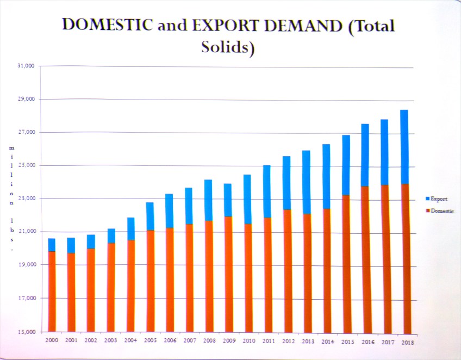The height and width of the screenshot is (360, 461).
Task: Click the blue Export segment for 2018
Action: [x=404, y=147]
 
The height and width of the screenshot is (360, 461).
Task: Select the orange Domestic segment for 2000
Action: [x=52, y=291]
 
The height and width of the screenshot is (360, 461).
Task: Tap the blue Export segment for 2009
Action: [x=227, y=200]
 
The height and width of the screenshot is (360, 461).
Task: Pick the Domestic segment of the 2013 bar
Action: [x=306, y=272]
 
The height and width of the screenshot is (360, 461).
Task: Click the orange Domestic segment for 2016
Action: [x=365, y=259]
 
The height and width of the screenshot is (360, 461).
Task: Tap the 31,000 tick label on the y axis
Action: [x=25, y=66]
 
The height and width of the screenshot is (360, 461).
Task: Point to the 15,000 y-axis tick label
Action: [x=25, y=332]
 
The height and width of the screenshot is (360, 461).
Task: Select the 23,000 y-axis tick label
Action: [x=25, y=198]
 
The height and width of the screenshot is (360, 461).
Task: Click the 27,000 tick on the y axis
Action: [x=25, y=132]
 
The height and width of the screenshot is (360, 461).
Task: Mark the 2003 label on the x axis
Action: [x=111, y=340]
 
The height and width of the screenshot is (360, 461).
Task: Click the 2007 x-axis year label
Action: [x=190, y=341]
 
